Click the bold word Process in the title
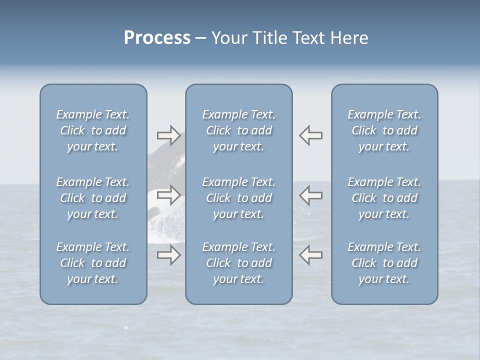pos(157,38)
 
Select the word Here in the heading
pos(349,38)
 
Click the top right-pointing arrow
pos(168,134)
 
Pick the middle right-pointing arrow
pos(168,195)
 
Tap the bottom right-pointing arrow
pos(168,255)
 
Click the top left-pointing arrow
pos(310,135)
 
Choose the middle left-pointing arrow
pos(310,195)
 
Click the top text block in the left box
pos(93,130)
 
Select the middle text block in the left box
pos(93,198)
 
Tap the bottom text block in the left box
pos(93,263)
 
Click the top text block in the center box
pos(239,130)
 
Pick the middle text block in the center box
pos(239,198)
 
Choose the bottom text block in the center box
pos(239,263)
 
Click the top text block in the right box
pos(384,130)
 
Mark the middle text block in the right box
pos(384,198)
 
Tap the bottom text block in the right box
pos(384,263)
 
